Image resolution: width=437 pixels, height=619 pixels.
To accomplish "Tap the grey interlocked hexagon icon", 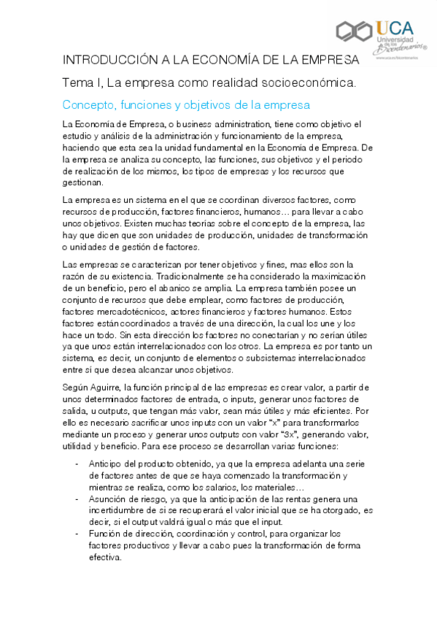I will [355, 31].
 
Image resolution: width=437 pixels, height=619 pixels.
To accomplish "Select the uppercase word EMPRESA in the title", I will [332, 59].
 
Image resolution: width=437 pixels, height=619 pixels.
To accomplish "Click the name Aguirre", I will [113, 386].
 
